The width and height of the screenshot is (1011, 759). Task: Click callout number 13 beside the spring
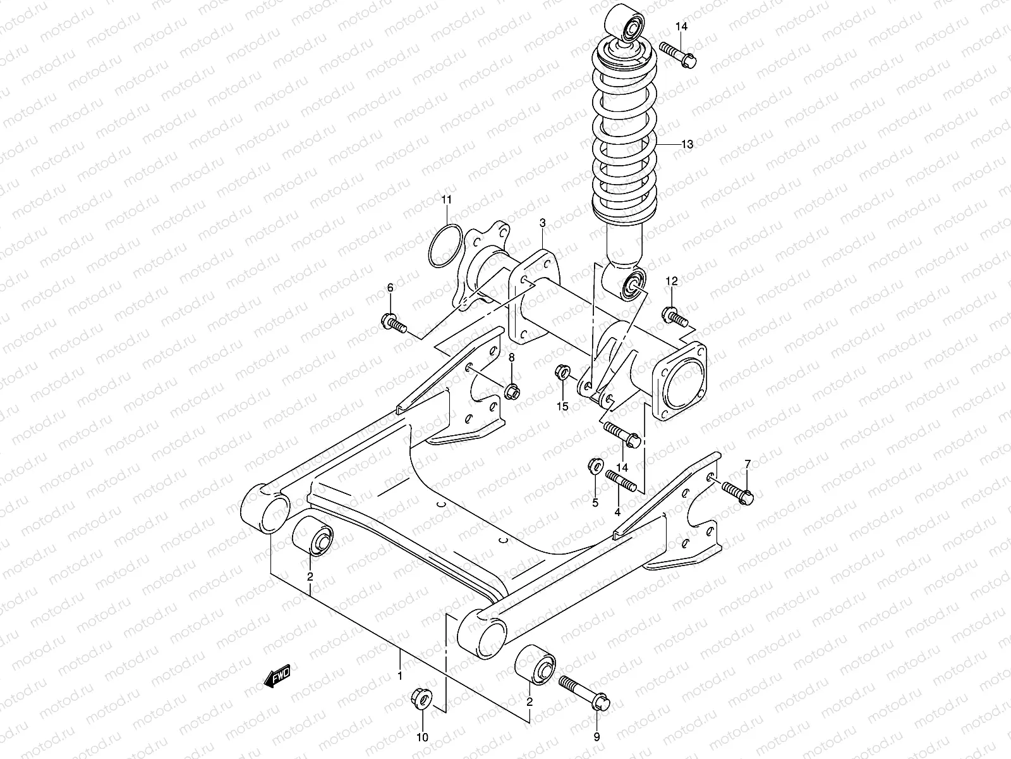tap(687, 145)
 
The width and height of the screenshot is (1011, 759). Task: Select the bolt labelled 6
tap(394, 324)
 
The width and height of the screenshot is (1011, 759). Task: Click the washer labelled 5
tap(594, 466)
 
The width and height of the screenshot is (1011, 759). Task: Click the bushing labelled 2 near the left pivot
tap(313, 535)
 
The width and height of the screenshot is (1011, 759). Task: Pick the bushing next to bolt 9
tap(535, 664)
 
